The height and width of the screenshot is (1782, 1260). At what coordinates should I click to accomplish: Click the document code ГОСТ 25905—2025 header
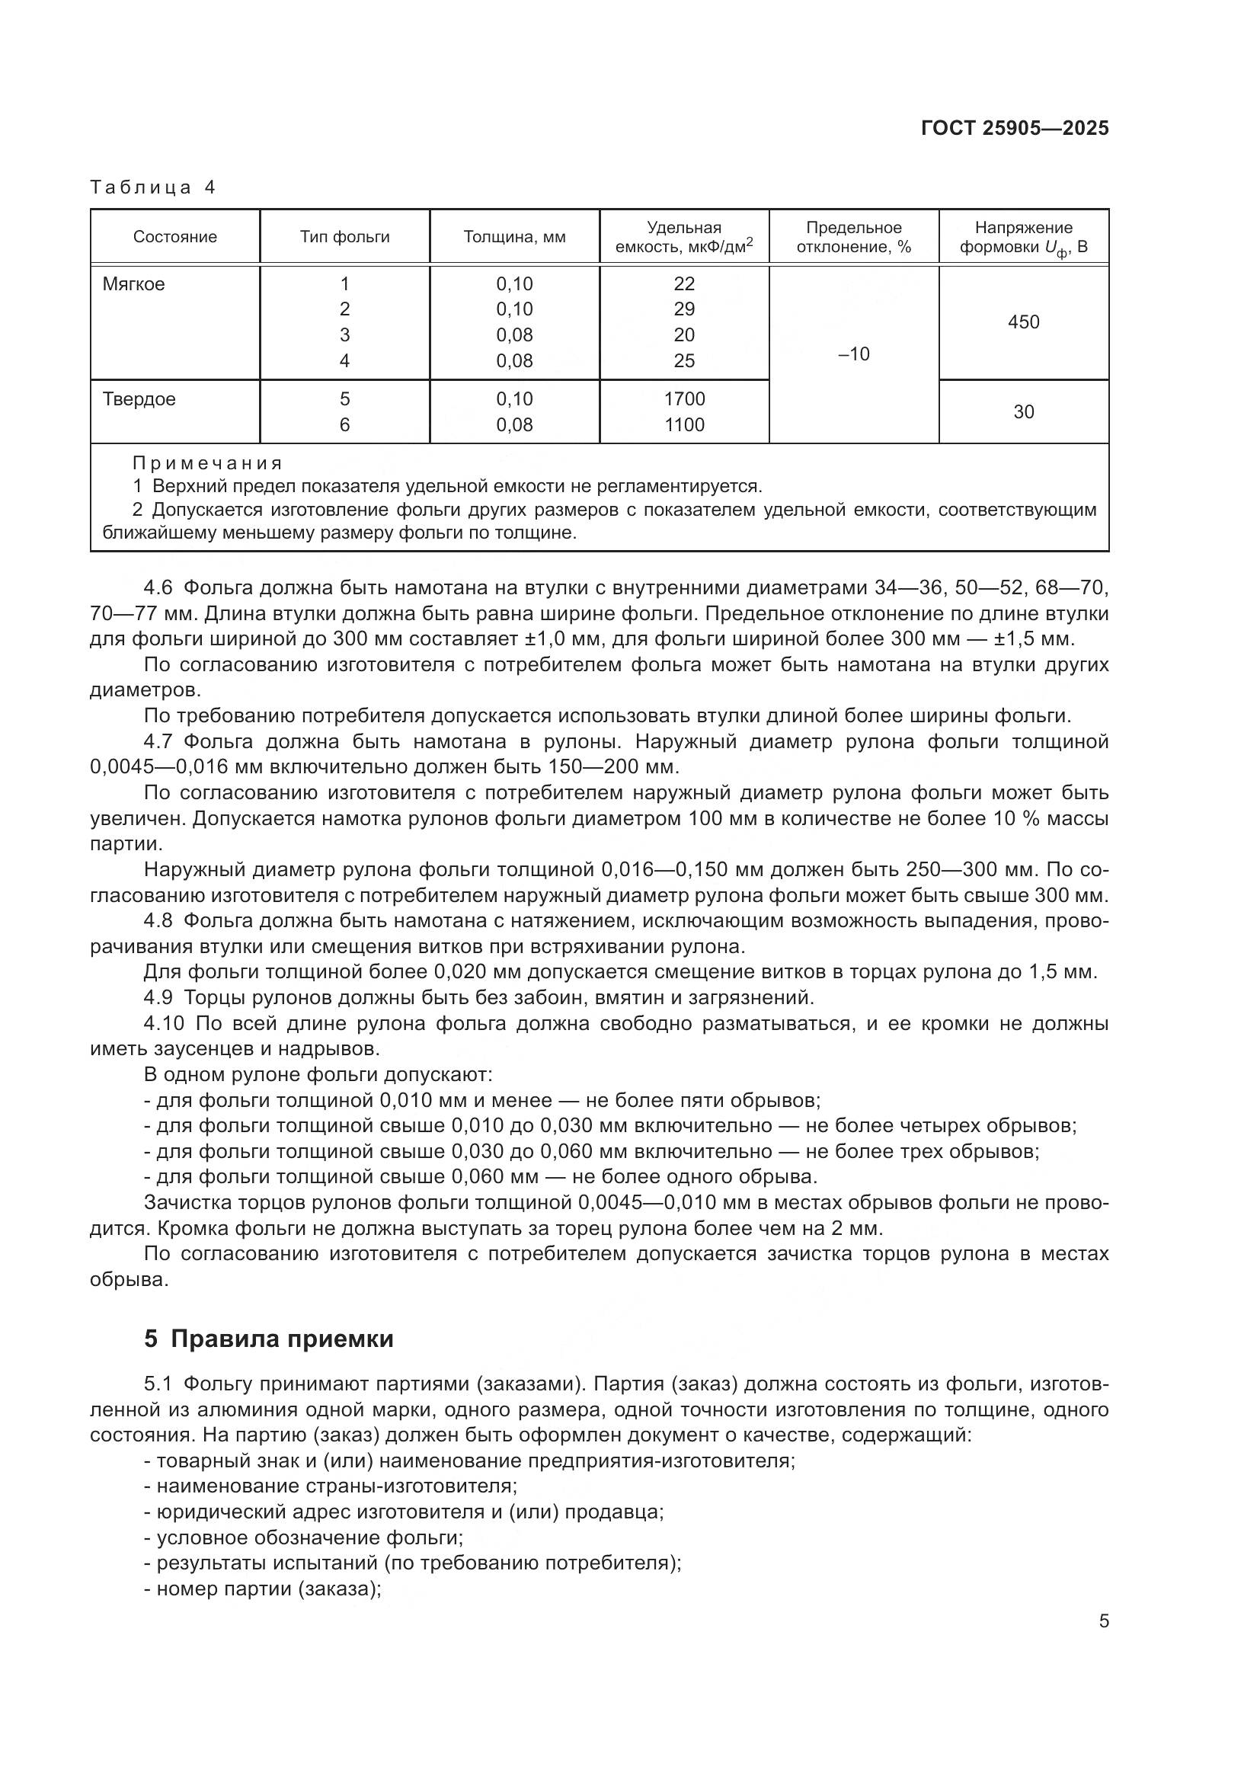click(x=1014, y=129)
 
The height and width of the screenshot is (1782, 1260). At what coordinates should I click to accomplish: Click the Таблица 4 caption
click(x=153, y=187)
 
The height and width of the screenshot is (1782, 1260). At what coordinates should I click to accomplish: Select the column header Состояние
click(x=174, y=238)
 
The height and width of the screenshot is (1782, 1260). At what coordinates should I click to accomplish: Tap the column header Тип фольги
click(x=344, y=238)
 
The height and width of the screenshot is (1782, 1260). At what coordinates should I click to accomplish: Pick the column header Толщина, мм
click(x=514, y=238)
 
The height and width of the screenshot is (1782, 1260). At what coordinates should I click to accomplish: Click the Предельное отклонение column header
click(x=853, y=238)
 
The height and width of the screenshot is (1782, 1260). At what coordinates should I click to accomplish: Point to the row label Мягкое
click(x=133, y=284)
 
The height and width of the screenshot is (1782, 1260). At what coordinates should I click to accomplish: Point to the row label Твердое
click(x=139, y=399)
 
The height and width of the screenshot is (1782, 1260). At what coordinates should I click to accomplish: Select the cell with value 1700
click(x=684, y=399)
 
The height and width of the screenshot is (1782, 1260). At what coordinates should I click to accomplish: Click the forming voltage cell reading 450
click(x=1023, y=322)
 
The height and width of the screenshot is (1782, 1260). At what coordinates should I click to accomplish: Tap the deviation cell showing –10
click(x=853, y=355)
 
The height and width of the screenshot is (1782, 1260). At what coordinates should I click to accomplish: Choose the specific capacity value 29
click(x=684, y=309)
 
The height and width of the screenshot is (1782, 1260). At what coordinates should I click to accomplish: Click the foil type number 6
click(x=344, y=425)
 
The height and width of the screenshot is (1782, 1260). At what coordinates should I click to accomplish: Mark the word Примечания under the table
click(x=207, y=464)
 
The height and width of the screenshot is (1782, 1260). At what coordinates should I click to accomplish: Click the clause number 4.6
click(x=159, y=587)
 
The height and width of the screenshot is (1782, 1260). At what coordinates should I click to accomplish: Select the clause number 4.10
click(x=163, y=1024)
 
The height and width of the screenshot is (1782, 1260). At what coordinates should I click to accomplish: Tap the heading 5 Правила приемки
click(x=268, y=1339)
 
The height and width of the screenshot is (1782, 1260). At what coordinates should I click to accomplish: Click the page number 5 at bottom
click(x=1103, y=1621)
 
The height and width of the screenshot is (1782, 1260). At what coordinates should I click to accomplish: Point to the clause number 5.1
click(x=159, y=1384)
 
